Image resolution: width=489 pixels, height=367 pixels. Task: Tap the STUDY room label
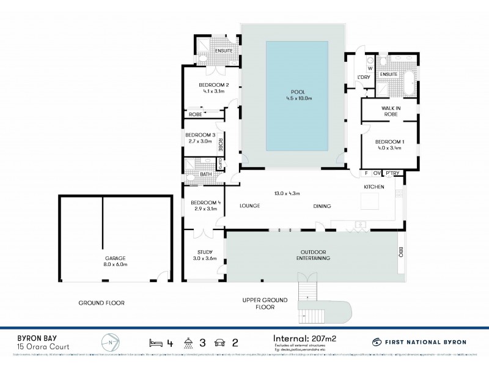(x=204, y=253)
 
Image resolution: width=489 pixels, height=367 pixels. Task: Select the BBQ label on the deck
(x=402, y=252)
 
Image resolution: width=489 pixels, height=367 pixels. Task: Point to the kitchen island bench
(x=370, y=201)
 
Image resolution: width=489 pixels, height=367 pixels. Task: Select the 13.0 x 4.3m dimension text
(x=287, y=194)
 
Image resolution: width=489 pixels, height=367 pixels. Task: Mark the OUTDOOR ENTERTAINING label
(x=315, y=255)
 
